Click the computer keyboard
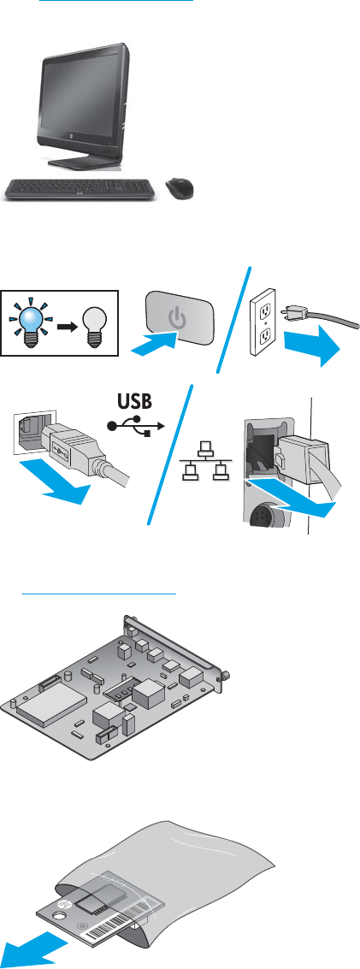coord(81,188)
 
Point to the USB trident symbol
coord(135,427)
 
